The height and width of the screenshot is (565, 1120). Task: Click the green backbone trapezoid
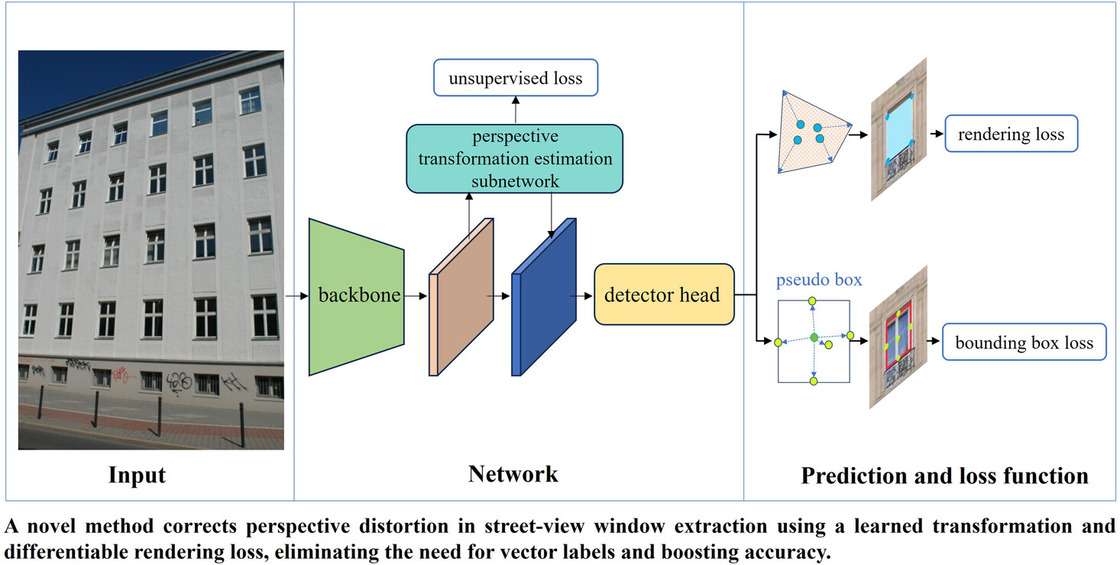tap(356, 297)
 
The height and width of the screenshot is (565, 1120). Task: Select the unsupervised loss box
tap(516, 77)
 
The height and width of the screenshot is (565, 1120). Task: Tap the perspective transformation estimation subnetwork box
tap(514, 158)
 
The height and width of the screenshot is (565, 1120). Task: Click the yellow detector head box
tap(664, 294)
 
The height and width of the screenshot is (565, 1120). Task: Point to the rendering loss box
tap(1011, 134)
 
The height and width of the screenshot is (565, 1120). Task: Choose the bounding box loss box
tap(1024, 342)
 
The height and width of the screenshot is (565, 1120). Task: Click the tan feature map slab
tap(461, 297)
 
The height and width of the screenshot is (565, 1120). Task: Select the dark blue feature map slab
tap(543, 297)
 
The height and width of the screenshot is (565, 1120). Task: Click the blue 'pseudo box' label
tap(819, 280)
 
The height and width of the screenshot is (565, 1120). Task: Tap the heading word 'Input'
tap(137, 475)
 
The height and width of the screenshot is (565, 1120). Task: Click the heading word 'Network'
tap(513, 474)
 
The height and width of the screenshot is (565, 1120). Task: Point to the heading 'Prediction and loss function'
tap(944, 476)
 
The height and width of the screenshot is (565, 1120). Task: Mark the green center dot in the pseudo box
tap(814, 338)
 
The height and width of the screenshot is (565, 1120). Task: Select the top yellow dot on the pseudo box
tap(812, 300)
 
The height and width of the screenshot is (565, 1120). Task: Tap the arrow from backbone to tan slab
tap(416, 297)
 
